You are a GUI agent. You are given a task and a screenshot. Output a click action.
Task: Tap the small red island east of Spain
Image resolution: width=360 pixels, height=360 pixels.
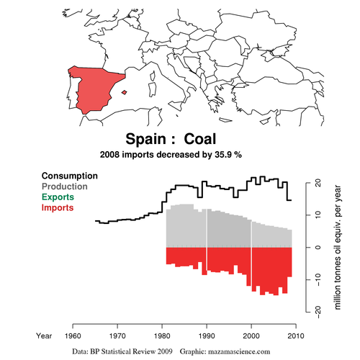125,91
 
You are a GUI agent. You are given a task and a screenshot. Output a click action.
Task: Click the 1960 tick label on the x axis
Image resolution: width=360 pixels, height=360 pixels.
73,335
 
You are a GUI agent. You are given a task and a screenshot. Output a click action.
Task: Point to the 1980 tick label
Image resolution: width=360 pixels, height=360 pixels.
162,335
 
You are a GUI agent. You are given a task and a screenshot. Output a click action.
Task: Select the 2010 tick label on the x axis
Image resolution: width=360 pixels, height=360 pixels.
295,335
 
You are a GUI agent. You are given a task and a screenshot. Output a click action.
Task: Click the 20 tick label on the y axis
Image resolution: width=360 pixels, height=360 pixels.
317,184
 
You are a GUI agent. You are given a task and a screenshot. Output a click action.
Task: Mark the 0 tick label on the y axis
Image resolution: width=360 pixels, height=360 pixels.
317,247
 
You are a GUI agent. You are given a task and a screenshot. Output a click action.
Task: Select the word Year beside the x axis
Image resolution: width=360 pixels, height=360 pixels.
45,335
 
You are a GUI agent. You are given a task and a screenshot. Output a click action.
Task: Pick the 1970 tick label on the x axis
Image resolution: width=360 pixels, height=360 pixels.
117,335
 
